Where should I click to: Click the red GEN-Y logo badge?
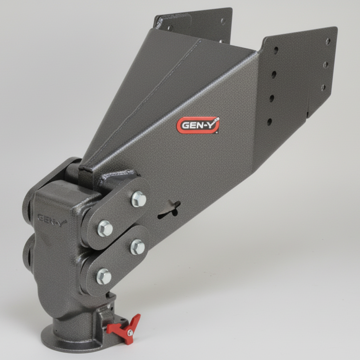pyautogui.click(x=198, y=125)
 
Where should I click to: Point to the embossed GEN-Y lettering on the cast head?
pyautogui.click(x=52, y=219)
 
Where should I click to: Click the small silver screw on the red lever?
pyautogui.click(x=130, y=333)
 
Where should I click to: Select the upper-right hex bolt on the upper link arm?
pyautogui.click(x=139, y=199)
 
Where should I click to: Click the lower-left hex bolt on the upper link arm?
pyautogui.click(x=105, y=228)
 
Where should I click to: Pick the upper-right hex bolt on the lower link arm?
pyautogui.click(x=137, y=247)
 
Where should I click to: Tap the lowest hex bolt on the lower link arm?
pyautogui.click(x=104, y=276)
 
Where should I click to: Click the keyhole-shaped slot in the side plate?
pyautogui.click(x=169, y=209)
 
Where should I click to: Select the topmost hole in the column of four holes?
pyautogui.click(x=276, y=51)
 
